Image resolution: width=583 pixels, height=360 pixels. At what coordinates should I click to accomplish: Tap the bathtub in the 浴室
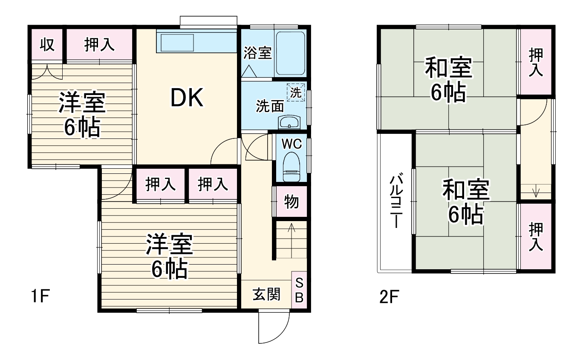point(291,53)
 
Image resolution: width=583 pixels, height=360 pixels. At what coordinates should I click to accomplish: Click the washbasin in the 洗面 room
point(289,122)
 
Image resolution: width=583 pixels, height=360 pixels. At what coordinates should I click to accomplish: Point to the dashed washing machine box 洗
point(296,92)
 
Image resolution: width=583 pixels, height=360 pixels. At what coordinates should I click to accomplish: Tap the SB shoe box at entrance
point(299,290)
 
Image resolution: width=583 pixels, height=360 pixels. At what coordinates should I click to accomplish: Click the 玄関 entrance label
point(266,294)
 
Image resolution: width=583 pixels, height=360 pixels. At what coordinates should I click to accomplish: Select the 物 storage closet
point(291,202)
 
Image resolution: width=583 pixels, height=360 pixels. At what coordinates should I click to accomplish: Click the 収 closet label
point(47,44)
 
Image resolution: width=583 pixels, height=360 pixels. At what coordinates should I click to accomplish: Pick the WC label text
point(292,144)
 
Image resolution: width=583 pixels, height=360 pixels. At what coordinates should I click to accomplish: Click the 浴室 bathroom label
point(257,53)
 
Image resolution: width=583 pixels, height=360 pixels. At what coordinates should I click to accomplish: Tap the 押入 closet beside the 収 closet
point(99,45)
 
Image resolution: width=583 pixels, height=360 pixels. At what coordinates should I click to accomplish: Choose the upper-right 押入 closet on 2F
point(536,62)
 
